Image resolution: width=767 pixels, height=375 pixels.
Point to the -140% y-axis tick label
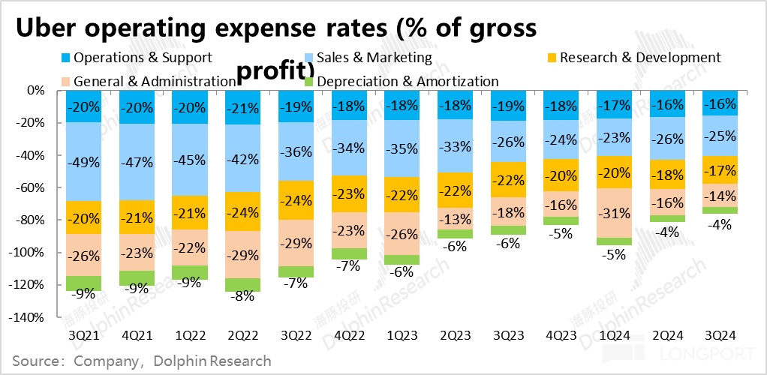(29, 318)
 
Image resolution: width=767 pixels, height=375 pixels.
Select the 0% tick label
(36, 90)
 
